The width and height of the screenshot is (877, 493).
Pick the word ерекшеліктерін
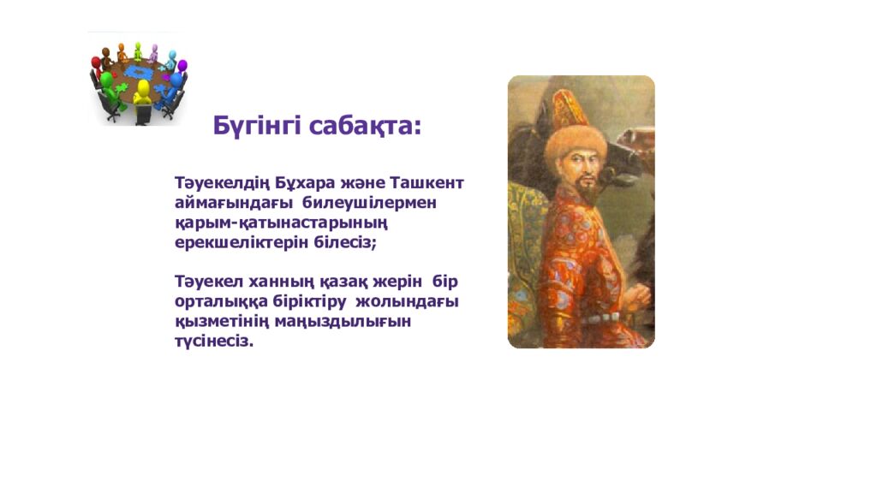pos(236,242)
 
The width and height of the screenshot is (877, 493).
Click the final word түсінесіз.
pos(214,341)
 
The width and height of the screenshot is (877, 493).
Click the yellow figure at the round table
pos(142,94)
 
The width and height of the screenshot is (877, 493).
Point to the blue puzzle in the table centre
pos(137,75)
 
